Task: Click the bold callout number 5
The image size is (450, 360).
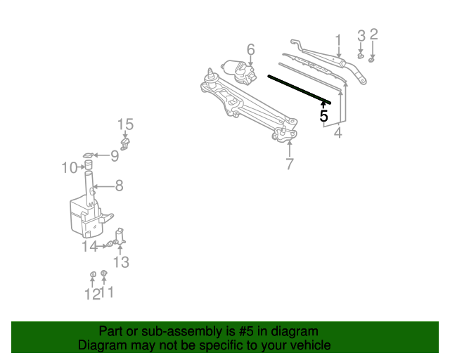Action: tap(323, 116)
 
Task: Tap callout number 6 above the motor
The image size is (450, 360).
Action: tap(251, 49)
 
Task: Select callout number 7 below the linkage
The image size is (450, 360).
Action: tap(290, 165)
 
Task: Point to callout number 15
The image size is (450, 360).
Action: tap(125, 124)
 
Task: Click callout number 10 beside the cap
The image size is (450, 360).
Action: tap(70, 167)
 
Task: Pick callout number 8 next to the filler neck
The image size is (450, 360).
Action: tap(119, 186)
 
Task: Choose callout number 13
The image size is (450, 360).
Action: tap(121, 262)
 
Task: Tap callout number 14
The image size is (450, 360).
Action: tap(89, 247)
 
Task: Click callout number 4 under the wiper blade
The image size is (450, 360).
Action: tap(337, 133)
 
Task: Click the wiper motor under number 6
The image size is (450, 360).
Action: tap(239, 72)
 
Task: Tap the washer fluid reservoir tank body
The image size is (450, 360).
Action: tap(86, 218)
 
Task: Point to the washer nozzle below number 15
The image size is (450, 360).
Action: tap(125, 144)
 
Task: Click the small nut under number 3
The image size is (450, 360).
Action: tap(361, 56)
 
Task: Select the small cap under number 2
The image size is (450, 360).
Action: tap(371, 60)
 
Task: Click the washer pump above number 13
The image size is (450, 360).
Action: tap(120, 236)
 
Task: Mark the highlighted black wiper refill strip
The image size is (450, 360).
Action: tap(300, 89)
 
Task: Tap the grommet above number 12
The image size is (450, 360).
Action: tap(92, 274)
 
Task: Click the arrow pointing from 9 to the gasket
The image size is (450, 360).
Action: tap(102, 155)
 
